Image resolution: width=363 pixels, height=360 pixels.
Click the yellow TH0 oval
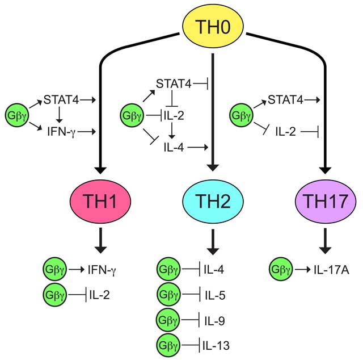pyautogui.click(x=213, y=26)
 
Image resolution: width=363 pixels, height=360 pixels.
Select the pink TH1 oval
pyautogui.click(x=100, y=201)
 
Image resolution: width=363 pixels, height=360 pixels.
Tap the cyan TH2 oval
pyautogui.click(x=213, y=201)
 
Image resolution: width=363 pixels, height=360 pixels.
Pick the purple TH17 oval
pyautogui.click(x=326, y=201)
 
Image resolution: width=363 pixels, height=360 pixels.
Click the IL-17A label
pyautogui.click(x=331, y=270)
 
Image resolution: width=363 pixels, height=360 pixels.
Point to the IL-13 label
pyautogui.click(x=216, y=345)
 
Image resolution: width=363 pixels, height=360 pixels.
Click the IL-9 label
pyautogui.click(x=214, y=321)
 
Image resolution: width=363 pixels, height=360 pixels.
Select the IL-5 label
pyautogui.click(x=215, y=295)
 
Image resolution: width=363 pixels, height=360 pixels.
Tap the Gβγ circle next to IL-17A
pyautogui.click(x=281, y=269)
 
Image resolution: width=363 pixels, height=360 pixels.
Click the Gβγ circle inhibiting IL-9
pyautogui.click(x=168, y=320)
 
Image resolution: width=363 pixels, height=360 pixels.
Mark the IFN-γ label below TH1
pyautogui.click(x=102, y=270)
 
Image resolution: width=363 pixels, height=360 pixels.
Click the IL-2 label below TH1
pyautogui.click(x=100, y=295)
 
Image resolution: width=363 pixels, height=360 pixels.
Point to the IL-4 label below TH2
pyautogui.click(x=214, y=270)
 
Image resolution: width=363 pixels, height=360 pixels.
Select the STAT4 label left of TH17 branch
pyautogui.click(x=285, y=100)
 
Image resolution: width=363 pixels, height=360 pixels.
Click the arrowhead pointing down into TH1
pyautogui.click(x=100, y=170)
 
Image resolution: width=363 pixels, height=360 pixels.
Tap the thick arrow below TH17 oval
pyautogui.click(x=325, y=241)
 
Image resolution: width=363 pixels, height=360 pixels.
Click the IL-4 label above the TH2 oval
pyautogui.click(x=174, y=147)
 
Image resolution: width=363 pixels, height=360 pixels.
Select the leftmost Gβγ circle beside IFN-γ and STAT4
pyautogui.click(x=17, y=115)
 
